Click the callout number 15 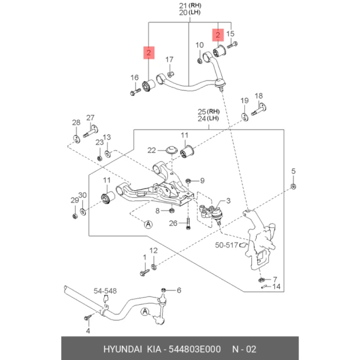(x=230, y=35)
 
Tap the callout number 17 (x=169, y=59)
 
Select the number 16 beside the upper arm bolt (x=134, y=78)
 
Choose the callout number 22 (x=152, y=150)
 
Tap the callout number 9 (x=202, y=180)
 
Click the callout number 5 (x=294, y=172)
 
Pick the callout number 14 (x=276, y=287)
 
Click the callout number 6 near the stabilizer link (x=178, y=290)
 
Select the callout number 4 (x=88, y=331)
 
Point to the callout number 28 (x=76, y=123)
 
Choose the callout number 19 (x=244, y=100)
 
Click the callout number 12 (x=154, y=251)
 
